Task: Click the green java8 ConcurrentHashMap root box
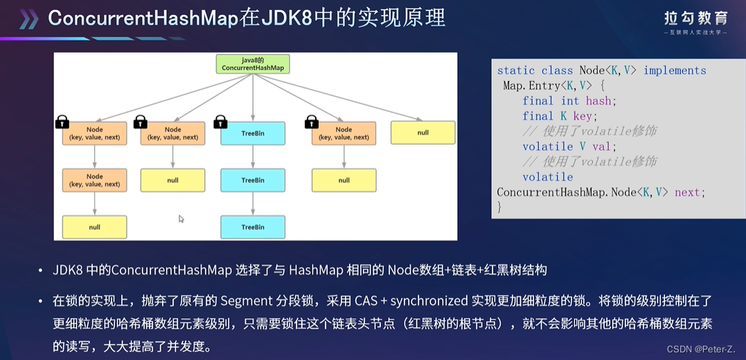252,64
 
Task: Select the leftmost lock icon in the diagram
62,123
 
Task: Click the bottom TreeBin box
253,227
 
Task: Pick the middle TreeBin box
253,180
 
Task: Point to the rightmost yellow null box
423,133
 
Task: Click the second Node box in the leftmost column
94,180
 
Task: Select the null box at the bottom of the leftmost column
94,227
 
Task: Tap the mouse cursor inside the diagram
181,219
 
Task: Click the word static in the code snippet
516,71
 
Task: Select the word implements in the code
675,71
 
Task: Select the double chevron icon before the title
28,19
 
